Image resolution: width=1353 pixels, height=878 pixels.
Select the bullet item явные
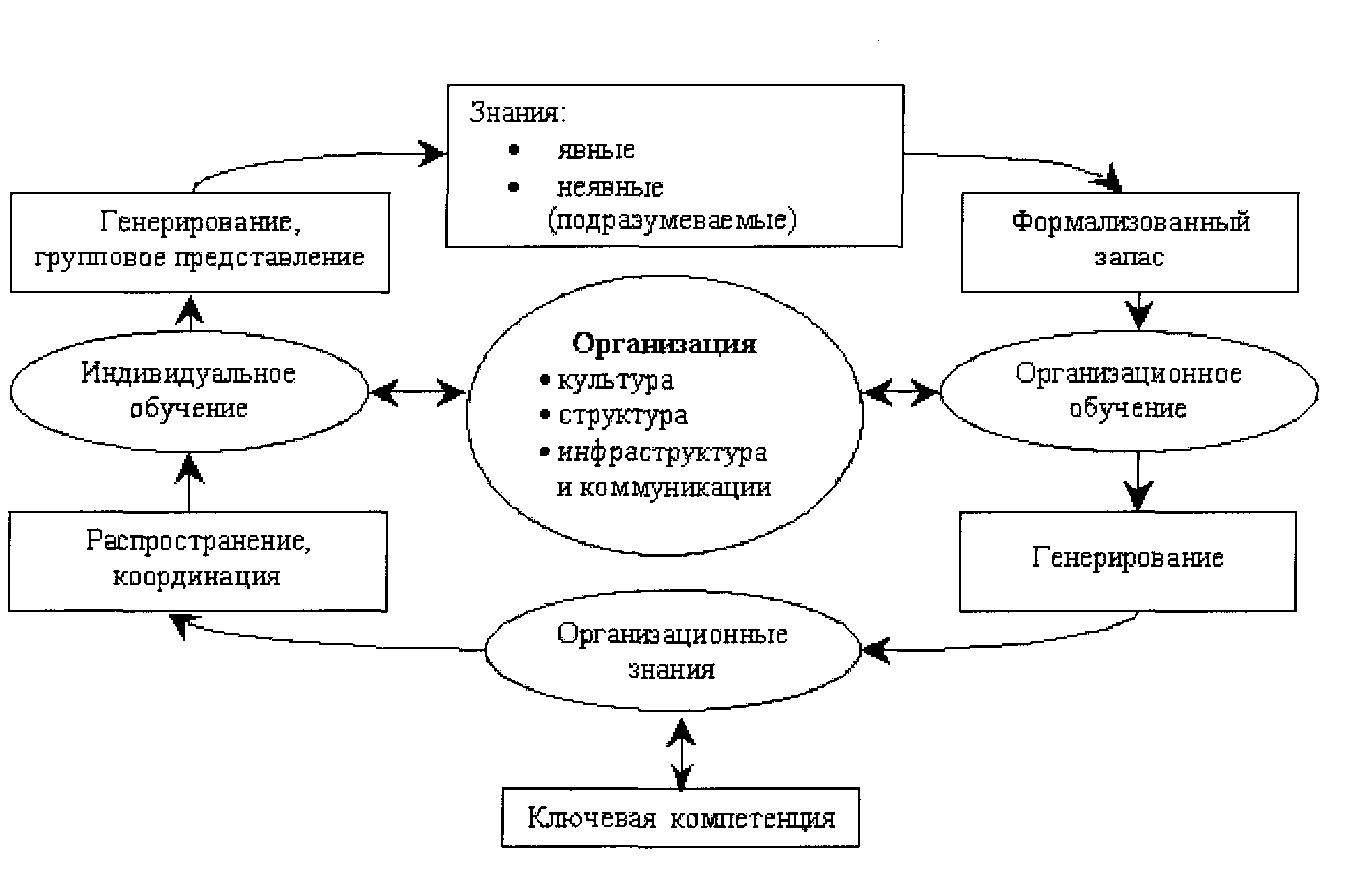pyautogui.click(x=595, y=150)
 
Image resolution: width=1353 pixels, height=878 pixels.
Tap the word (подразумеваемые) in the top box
pyautogui.click(x=671, y=221)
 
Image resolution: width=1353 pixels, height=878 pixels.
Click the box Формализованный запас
pyautogui.click(x=1129, y=241)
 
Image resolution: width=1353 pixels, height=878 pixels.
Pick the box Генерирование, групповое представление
pyautogui.click(x=199, y=241)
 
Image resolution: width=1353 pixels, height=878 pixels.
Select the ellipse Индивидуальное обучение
pyautogui.click(x=189, y=391)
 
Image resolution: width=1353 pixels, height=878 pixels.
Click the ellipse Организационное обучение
pyautogui.click(x=1129, y=391)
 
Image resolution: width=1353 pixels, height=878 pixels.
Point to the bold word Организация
pyautogui.click(x=664, y=344)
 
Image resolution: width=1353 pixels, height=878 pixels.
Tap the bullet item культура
pyautogui.click(x=616, y=380)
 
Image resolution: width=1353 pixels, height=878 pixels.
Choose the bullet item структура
pyautogui.click(x=622, y=416)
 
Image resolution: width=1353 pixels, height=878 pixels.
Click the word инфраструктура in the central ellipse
pyautogui.click(x=662, y=452)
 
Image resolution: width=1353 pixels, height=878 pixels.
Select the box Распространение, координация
pyautogui.click(x=198, y=560)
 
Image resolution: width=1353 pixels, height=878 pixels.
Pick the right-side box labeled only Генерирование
pyautogui.click(x=1127, y=560)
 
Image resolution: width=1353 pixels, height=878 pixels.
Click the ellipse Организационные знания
pyautogui.click(x=673, y=651)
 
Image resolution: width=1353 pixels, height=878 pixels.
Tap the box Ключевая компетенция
pyautogui.click(x=680, y=817)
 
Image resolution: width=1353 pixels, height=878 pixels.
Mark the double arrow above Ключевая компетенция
pyautogui.click(x=681, y=753)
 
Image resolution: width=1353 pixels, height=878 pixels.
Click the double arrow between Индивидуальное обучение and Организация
pyautogui.click(x=417, y=392)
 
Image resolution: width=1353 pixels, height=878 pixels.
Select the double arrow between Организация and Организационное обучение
pyautogui.click(x=901, y=392)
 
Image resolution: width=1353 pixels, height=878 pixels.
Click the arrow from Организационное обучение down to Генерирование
pyautogui.click(x=1138, y=482)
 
